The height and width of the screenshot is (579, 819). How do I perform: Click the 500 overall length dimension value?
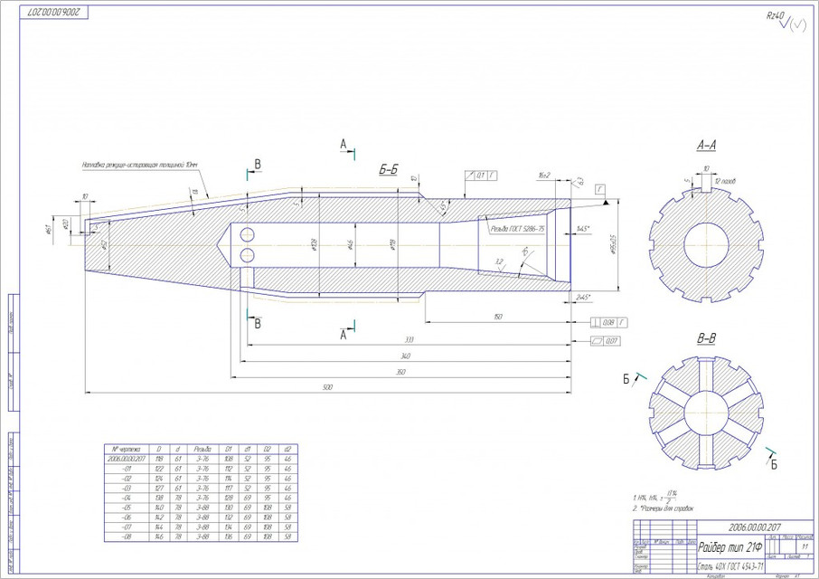tap(327, 387)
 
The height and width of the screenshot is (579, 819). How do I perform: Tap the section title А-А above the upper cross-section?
tap(706, 145)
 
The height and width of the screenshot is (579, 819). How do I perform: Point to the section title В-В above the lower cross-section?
tap(706, 340)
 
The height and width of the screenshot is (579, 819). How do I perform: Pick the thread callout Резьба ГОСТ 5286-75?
tap(516, 230)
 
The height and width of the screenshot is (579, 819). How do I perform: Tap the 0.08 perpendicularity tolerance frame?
tap(608, 322)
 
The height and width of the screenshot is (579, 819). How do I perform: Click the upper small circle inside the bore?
tap(248, 234)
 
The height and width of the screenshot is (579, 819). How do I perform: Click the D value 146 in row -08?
tap(159, 537)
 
